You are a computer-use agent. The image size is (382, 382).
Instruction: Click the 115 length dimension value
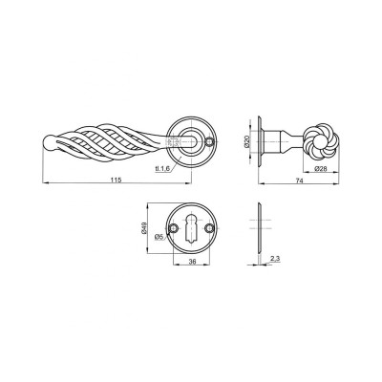pyautogui.click(x=117, y=180)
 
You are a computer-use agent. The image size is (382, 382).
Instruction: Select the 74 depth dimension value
pyautogui.click(x=299, y=180)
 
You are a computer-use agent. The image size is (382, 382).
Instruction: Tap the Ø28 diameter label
pyautogui.click(x=321, y=169)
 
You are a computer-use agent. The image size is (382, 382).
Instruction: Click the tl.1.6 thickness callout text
pyautogui.click(x=162, y=169)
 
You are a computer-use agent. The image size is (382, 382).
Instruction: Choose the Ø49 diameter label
pyautogui.click(x=142, y=228)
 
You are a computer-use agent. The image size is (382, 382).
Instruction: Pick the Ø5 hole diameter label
pyautogui.click(x=159, y=236)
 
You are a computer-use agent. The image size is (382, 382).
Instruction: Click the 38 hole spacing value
pyautogui.click(x=192, y=262)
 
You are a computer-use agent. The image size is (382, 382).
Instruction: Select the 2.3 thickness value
pyautogui.click(x=275, y=259)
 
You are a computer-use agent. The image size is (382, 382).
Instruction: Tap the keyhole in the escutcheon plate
pyautogui.click(x=191, y=229)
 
